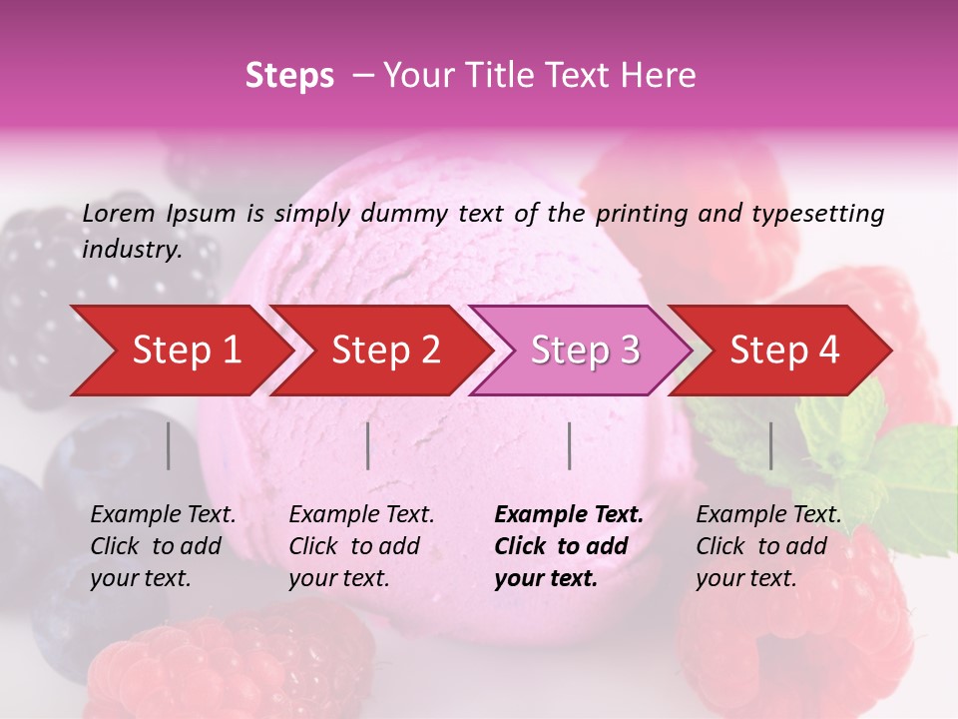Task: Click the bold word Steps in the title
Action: [289, 76]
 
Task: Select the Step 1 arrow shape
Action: [180, 351]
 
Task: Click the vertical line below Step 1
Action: [168, 445]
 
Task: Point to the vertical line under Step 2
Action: [368, 445]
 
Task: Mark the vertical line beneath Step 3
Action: [570, 445]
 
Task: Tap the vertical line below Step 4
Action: [771, 445]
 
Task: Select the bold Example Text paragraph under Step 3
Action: [569, 546]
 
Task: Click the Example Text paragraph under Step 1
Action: [163, 546]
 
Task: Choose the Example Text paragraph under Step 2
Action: [361, 546]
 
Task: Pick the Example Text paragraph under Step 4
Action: [768, 546]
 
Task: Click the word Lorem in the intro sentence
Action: [119, 213]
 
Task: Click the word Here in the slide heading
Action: [663, 76]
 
